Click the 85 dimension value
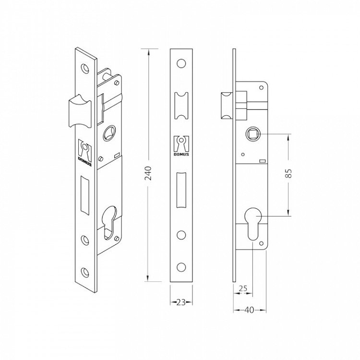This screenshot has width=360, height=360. [x=289, y=174]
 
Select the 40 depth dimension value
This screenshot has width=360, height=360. [x=249, y=311]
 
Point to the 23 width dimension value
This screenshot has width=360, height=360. [x=181, y=302]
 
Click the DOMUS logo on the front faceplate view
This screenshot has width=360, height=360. [x=181, y=147]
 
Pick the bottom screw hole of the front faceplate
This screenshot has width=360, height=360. [x=181, y=266]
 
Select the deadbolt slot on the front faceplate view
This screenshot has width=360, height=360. [x=181, y=190]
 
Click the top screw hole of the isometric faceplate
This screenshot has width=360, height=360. [x=86, y=67]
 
